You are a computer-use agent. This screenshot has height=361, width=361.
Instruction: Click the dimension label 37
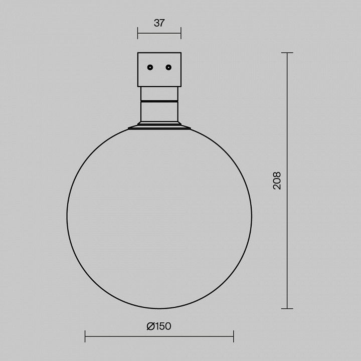click(159, 23)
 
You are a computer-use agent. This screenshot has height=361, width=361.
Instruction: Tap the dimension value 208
click(277, 180)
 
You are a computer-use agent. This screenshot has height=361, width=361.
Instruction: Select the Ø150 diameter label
click(159, 326)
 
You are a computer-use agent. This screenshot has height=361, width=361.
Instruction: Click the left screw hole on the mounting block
click(150, 68)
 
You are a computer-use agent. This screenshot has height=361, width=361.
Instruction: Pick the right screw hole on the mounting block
click(168, 68)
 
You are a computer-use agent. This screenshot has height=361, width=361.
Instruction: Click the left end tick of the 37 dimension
click(138, 33)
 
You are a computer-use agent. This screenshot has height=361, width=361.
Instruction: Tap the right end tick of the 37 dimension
click(181, 33)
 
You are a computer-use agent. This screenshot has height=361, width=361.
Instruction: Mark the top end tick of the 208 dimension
click(287, 53)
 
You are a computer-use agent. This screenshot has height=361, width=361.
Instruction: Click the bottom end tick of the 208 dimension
click(287, 308)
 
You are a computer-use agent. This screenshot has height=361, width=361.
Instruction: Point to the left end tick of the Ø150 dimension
click(85, 336)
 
